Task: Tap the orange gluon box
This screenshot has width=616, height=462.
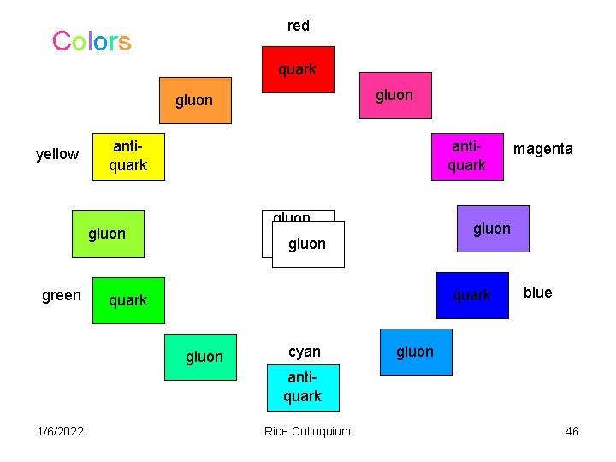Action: [195, 101]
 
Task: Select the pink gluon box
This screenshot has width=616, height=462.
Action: [394, 95]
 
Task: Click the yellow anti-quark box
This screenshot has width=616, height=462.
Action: [127, 157]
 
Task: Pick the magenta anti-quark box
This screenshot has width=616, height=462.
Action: [466, 157]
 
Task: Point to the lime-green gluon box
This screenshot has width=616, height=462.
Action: [108, 234]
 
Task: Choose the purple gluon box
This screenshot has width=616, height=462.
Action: [493, 228]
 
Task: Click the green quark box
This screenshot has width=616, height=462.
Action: [128, 300]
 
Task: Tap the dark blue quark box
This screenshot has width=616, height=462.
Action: [472, 295]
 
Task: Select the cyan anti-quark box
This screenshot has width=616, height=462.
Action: [303, 388]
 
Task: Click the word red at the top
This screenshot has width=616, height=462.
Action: [299, 26]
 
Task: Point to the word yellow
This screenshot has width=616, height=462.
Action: [57, 154]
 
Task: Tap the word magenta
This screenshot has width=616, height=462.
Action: [543, 149]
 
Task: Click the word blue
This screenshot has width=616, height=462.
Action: [537, 293]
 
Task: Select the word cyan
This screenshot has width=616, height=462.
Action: [305, 352]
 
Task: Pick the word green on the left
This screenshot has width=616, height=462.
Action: [62, 295]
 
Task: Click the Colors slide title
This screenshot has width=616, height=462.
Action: [92, 41]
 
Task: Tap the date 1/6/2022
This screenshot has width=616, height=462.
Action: [61, 431]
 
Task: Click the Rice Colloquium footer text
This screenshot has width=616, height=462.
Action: [308, 431]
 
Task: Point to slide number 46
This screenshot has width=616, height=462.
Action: [572, 431]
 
